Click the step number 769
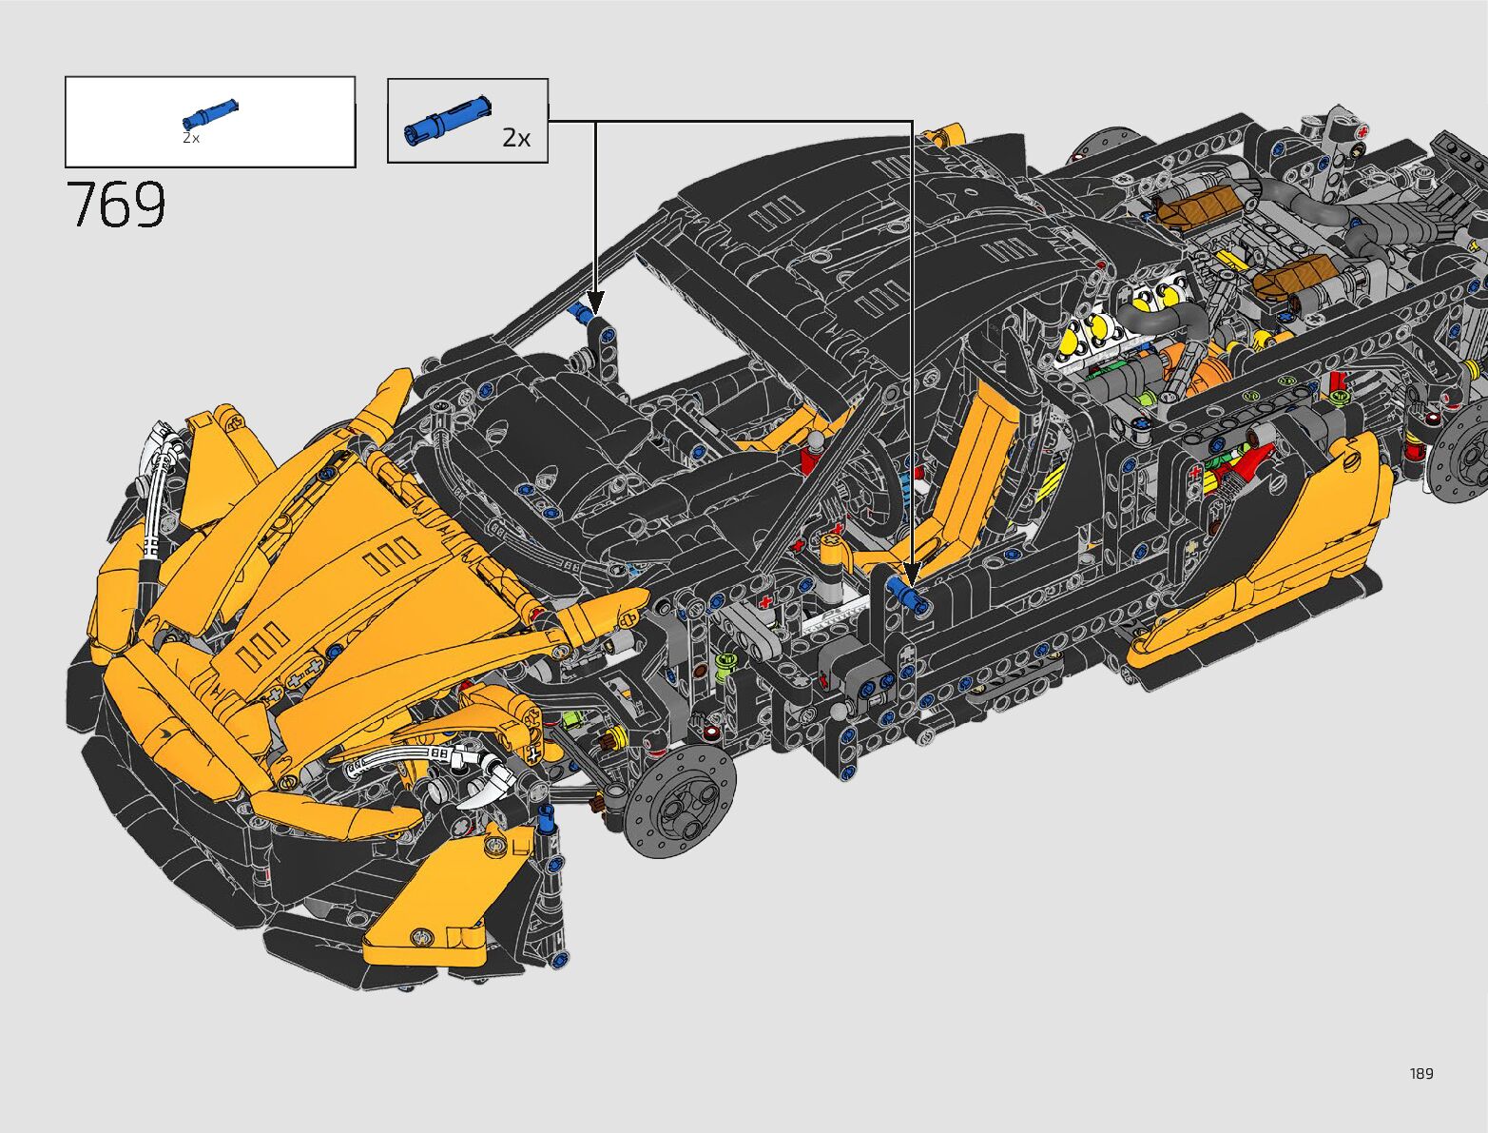(116, 205)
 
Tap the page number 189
(1421, 1073)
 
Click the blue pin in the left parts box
(210, 114)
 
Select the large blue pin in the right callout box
(448, 122)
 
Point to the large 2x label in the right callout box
(516, 138)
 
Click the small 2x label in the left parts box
(191, 138)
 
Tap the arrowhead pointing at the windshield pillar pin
(595, 303)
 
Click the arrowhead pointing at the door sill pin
(912, 575)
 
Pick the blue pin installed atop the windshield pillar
(581, 313)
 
